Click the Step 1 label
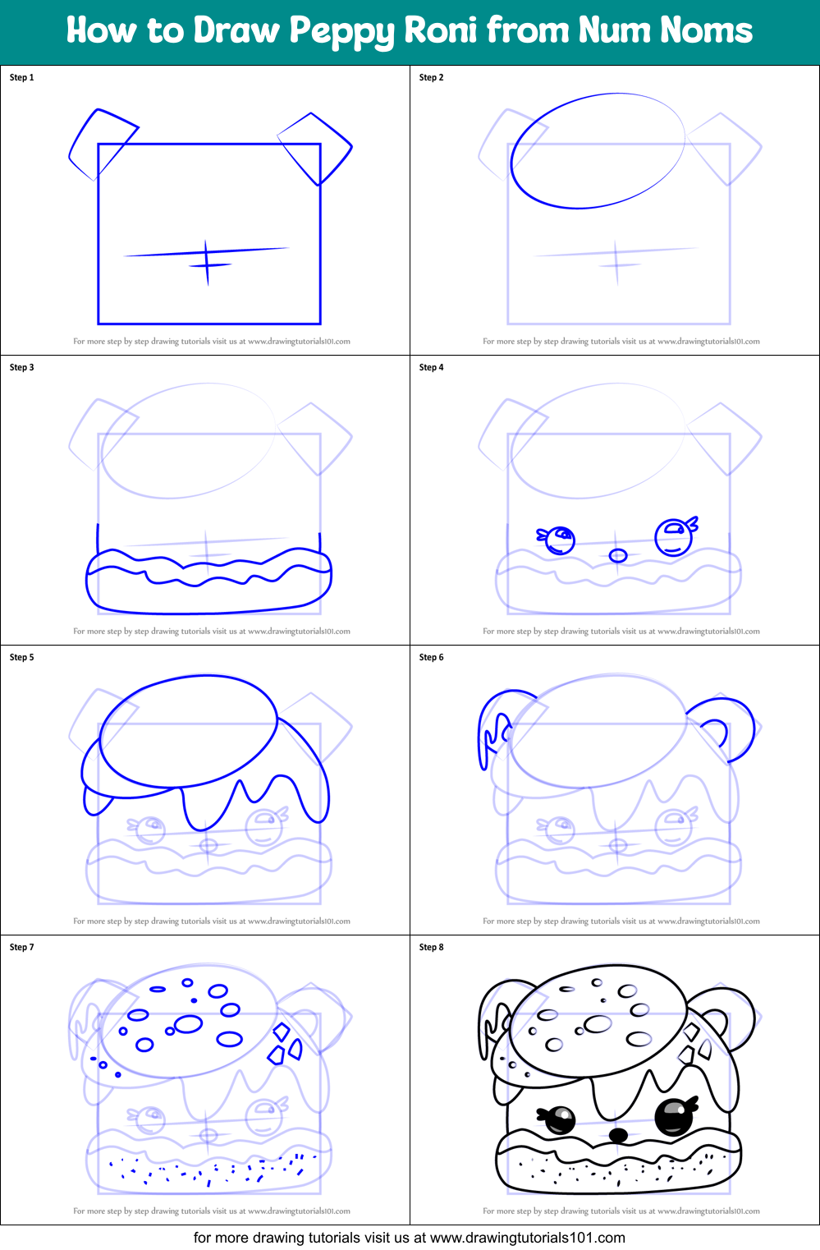pos(21,77)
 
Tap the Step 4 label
pos(431,367)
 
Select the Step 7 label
pos(21,947)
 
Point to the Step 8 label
pos(431,947)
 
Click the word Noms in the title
pos(706,30)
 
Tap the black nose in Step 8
pos(618,1135)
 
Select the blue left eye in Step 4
pos(561,540)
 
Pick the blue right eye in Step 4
pos(674,537)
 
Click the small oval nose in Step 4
pos(618,556)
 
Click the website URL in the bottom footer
pos(527,1238)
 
